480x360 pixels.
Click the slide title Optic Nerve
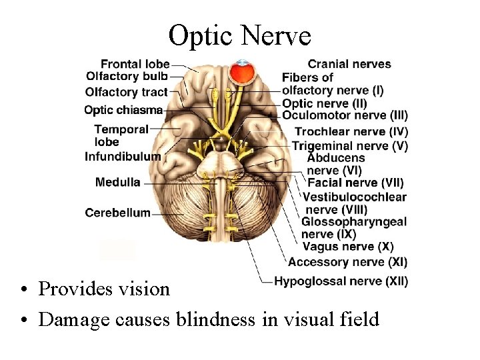tap(239, 35)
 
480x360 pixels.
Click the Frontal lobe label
tap(135, 65)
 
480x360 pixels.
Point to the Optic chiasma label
tap(123, 110)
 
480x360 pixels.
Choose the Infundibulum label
tap(123, 157)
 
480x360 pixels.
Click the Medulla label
tap(117, 182)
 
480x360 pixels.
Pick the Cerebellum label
tap(117, 213)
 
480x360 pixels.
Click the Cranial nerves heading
tap(349, 64)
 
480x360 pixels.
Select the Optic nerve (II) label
tap(324, 103)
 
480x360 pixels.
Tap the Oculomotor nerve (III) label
tap(345, 115)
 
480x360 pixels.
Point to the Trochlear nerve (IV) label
tap(351, 132)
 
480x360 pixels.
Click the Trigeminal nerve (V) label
tap(349, 146)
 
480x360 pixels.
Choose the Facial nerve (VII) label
tap(355, 183)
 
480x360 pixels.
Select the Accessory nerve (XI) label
tap(347, 262)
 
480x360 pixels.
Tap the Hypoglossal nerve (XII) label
tap(341, 281)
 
